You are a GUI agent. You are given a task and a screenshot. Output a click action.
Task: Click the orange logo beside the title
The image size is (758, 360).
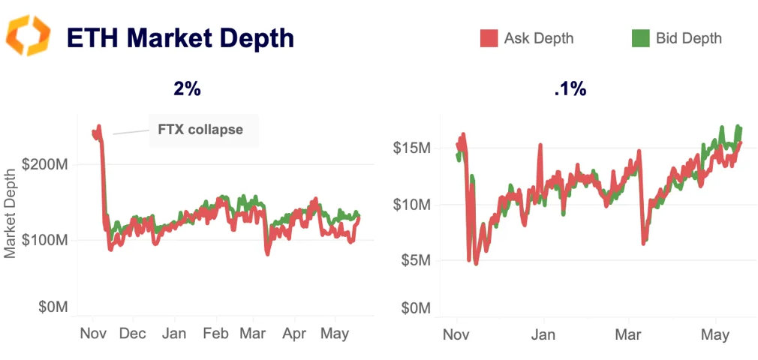pyautogui.click(x=28, y=35)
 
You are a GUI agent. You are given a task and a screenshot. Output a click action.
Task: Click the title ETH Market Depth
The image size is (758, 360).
pyautogui.click(x=180, y=37)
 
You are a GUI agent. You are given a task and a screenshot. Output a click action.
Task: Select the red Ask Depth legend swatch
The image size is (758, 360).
pyautogui.click(x=489, y=38)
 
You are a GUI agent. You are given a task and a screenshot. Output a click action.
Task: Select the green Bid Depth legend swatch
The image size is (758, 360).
pyautogui.click(x=640, y=38)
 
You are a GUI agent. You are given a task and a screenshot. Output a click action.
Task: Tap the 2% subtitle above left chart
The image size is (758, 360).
pyautogui.click(x=187, y=88)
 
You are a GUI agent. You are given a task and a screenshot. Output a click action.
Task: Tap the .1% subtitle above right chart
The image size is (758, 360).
pyautogui.click(x=570, y=89)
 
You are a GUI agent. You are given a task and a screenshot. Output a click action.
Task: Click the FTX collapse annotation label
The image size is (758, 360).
pyautogui.click(x=200, y=130)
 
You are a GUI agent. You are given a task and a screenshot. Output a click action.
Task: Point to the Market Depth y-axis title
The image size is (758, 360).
pyautogui.click(x=11, y=212)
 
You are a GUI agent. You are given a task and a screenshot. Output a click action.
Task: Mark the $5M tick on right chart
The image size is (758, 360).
pyautogui.click(x=414, y=261)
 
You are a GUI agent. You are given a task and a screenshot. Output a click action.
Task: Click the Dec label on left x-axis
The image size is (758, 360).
pyautogui.click(x=133, y=334)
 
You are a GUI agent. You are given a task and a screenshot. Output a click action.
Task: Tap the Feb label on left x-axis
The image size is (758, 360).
pyautogui.click(x=216, y=334)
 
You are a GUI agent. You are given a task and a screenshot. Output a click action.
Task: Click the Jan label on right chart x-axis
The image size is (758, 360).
pyautogui.click(x=543, y=334)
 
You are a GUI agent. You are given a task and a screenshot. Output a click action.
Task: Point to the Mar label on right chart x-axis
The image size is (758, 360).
pyautogui.click(x=629, y=334)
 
